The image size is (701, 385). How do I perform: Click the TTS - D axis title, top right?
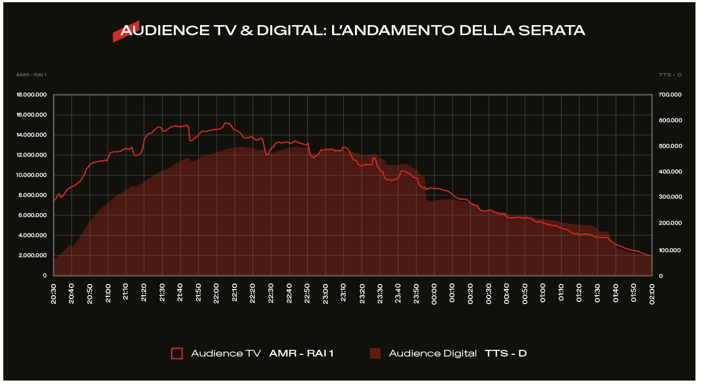pyautogui.click(x=670, y=75)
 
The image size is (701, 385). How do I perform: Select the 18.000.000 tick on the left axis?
pyautogui.click(x=32, y=95)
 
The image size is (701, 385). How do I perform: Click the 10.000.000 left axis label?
pyautogui.click(x=32, y=175)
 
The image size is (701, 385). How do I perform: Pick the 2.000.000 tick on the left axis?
pyautogui.click(x=33, y=256)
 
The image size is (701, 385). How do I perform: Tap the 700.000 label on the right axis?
pyautogui.click(x=669, y=95)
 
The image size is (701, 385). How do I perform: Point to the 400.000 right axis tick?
pyautogui.click(x=669, y=172)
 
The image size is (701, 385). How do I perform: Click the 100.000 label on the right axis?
pyautogui.click(x=669, y=250)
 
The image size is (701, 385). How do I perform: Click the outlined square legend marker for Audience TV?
pyautogui.click(x=177, y=353)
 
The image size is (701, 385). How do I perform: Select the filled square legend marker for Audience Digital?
pyautogui.click(x=375, y=353)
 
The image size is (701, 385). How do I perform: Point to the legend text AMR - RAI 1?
pyautogui.click(x=301, y=353)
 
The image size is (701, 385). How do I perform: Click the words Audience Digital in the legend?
pyautogui.click(x=432, y=353)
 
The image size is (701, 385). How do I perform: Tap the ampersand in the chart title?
pyautogui.click(x=246, y=30)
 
